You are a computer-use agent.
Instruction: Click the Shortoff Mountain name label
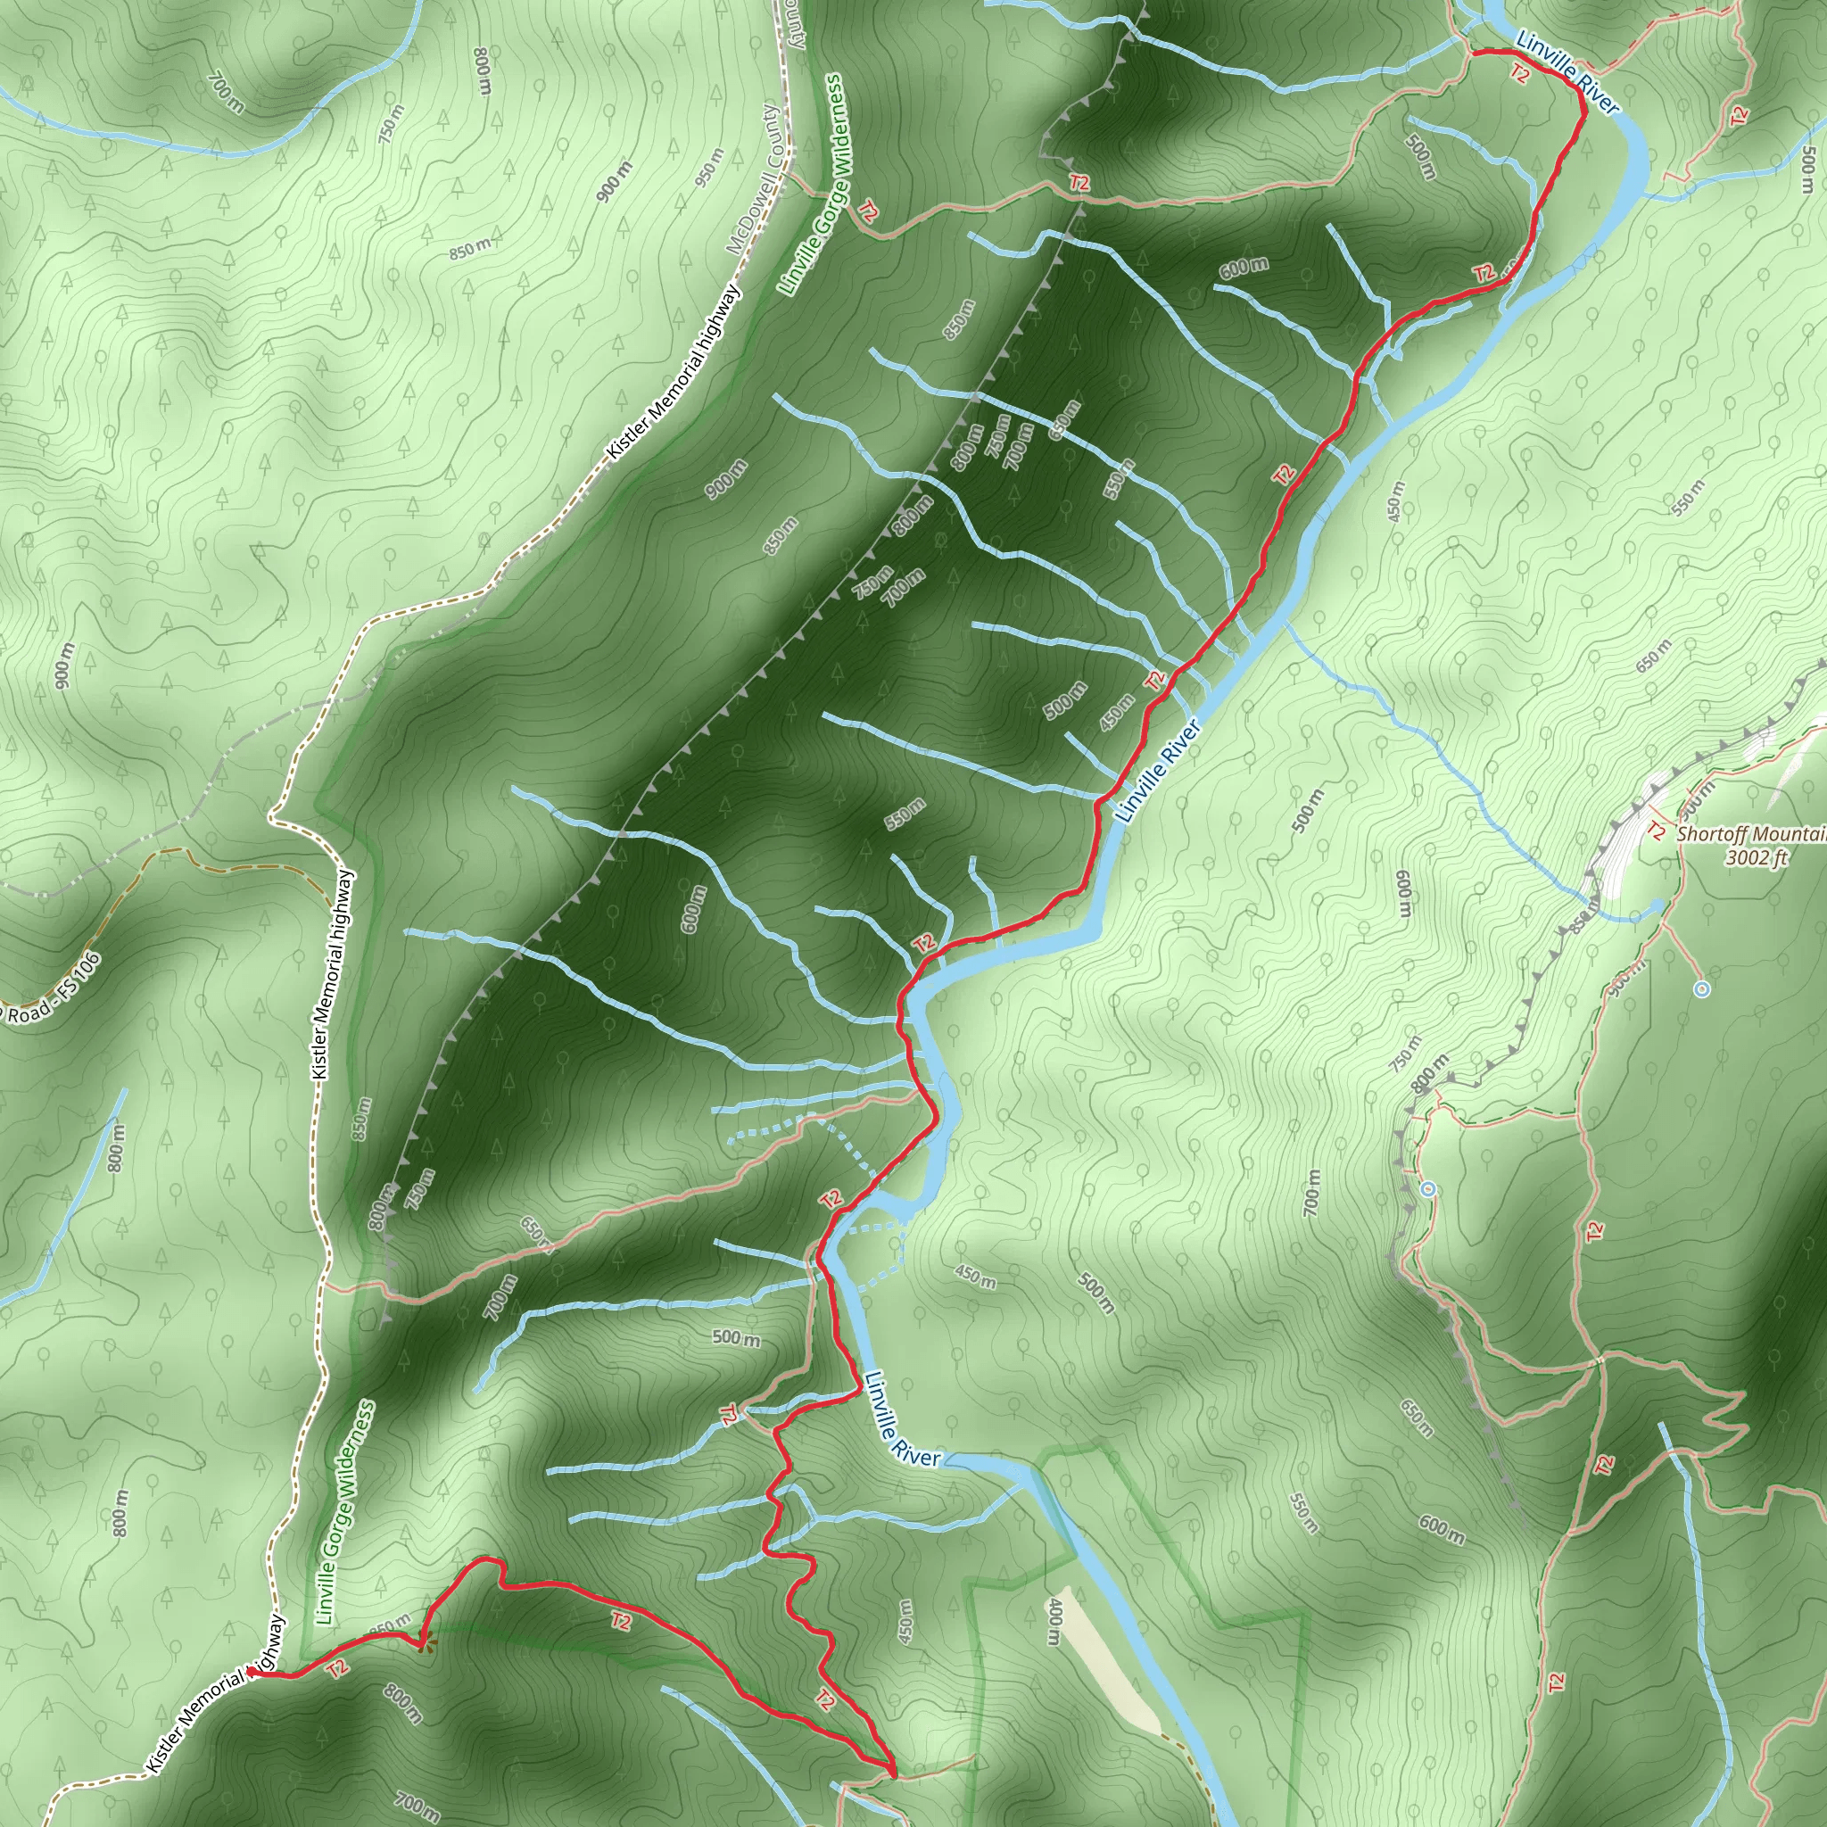[x=1750, y=834]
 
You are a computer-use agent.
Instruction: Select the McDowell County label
[x=754, y=179]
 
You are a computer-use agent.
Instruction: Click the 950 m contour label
[x=708, y=168]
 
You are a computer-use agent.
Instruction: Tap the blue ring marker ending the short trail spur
[x=1702, y=989]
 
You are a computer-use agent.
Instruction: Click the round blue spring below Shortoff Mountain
[x=1658, y=907]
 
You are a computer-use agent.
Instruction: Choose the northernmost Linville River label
[x=1567, y=71]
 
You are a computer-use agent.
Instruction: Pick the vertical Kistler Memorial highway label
[x=334, y=975]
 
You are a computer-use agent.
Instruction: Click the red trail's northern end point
[x=1476, y=52]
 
